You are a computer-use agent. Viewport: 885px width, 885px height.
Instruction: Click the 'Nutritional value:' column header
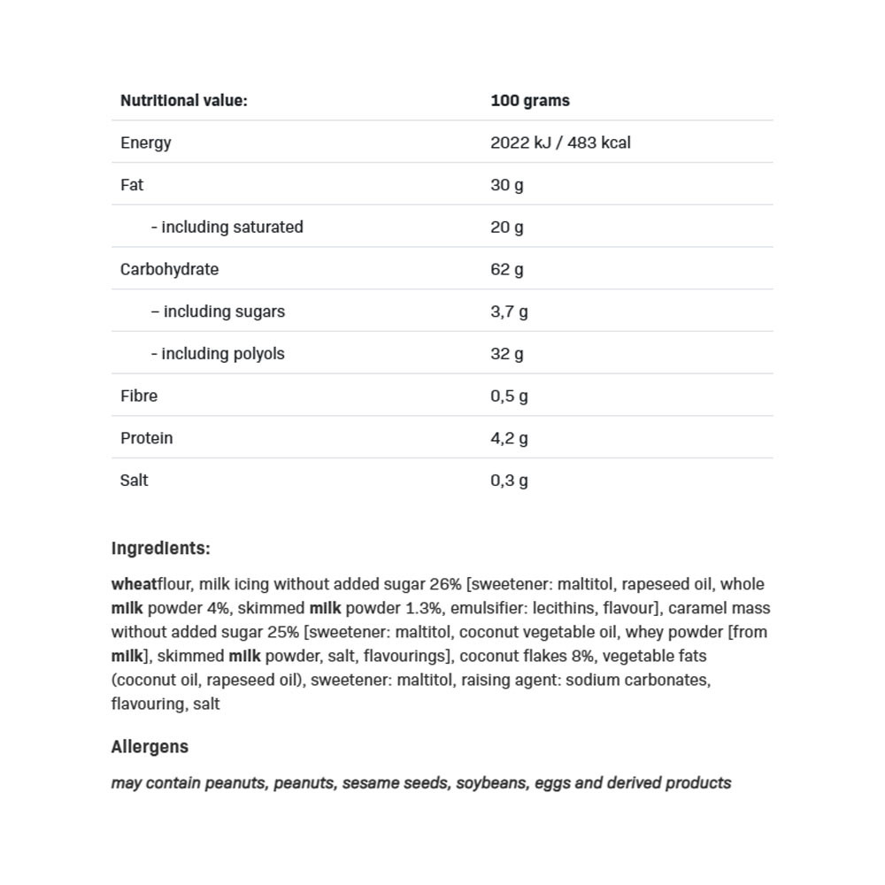coord(184,101)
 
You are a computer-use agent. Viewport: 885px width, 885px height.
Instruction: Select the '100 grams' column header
coord(530,101)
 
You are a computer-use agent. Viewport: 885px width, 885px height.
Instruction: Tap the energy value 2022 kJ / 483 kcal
coord(560,142)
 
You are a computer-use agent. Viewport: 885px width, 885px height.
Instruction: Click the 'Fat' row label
coord(132,185)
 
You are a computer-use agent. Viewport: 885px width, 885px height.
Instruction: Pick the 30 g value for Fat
coord(507,185)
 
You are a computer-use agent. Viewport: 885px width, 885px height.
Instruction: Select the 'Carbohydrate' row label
coord(169,269)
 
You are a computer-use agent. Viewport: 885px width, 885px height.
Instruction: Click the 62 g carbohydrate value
coord(507,269)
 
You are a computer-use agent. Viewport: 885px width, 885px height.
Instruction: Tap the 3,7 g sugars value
coord(510,312)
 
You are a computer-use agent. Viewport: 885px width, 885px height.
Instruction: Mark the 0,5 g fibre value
coord(510,396)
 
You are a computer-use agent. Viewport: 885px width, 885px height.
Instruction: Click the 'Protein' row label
coord(147,438)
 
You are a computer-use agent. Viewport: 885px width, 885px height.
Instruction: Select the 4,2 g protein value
coord(510,438)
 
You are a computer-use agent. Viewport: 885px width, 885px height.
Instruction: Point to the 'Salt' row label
coord(135,481)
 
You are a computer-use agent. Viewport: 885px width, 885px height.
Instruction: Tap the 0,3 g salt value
coord(510,481)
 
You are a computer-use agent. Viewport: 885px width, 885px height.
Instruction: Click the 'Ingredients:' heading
coord(161,549)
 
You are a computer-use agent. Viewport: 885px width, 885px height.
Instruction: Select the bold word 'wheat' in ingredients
coord(134,584)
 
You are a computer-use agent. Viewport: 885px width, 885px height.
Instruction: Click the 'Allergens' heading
coord(150,747)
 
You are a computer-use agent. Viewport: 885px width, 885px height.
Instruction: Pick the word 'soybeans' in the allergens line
coord(491,783)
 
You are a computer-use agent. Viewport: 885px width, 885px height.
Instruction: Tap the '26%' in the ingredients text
coord(445,584)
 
